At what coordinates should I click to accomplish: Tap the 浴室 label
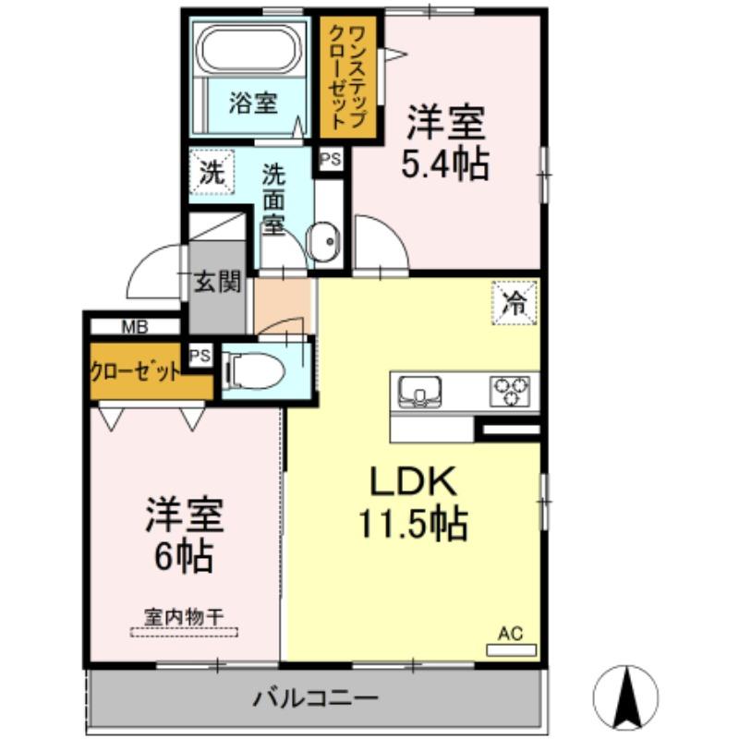point(252,103)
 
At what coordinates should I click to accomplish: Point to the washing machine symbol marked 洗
point(212,173)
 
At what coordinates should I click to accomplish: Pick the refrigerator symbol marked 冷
point(514,301)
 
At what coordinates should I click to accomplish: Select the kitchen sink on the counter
point(420,391)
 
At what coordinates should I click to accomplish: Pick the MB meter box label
point(135,326)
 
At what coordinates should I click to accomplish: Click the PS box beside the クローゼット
point(200,356)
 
